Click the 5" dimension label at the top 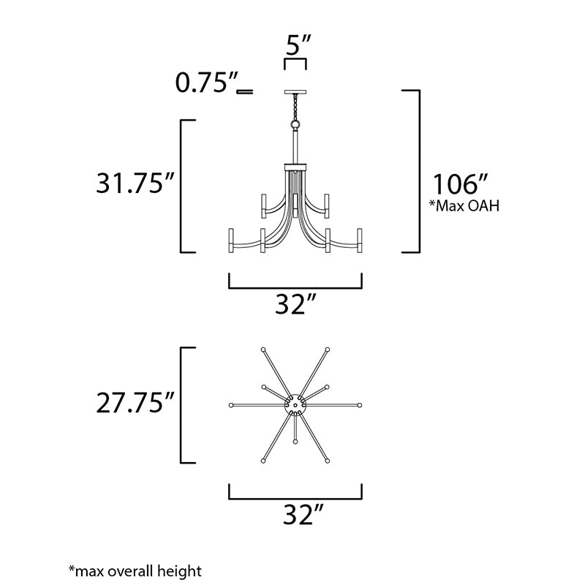(x=298, y=45)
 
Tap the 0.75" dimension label (x=207, y=83)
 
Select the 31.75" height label (x=135, y=184)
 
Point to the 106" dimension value (x=460, y=184)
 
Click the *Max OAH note (x=464, y=205)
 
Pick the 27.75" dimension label (x=135, y=403)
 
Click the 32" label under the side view (x=295, y=304)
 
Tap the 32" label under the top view (x=303, y=515)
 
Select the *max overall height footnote (x=135, y=571)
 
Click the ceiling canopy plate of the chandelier (x=295, y=92)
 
